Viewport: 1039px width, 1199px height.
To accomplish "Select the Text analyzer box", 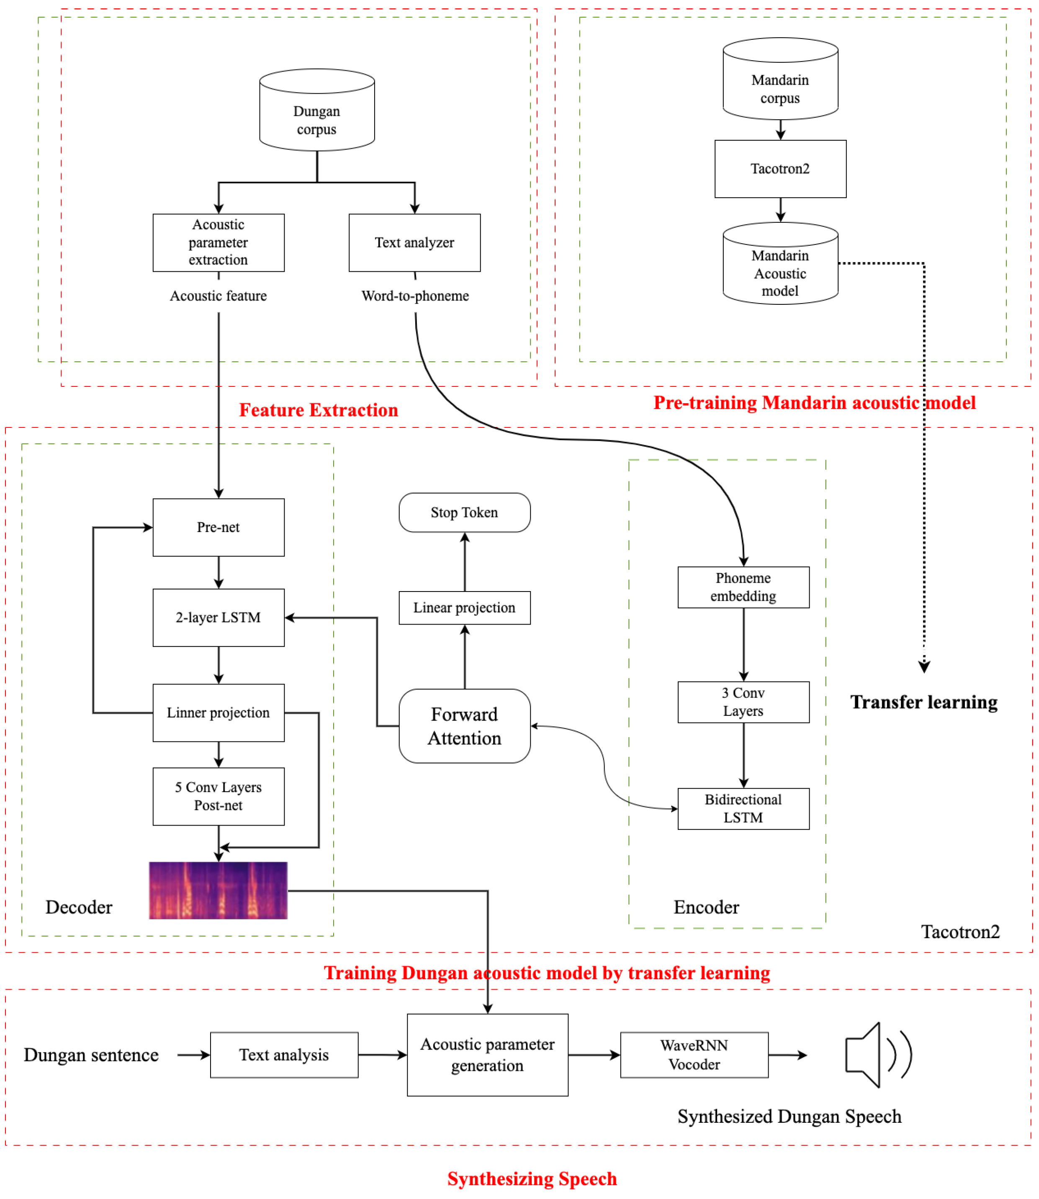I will [414, 242].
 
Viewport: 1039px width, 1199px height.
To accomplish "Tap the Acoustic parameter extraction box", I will [219, 242].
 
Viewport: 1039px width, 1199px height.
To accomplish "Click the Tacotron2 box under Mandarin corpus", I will [780, 169].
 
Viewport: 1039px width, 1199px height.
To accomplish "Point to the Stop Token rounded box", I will [464, 512].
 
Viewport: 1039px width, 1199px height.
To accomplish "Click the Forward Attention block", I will [464, 726].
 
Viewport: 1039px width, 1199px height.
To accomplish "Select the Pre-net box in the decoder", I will [219, 527].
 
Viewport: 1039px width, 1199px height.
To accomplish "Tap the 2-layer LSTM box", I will [219, 618].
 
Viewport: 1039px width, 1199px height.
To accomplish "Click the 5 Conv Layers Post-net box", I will [219, 796].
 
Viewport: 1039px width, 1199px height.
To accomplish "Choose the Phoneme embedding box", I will [743, 587].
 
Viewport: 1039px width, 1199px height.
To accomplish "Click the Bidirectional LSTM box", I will [743, 808].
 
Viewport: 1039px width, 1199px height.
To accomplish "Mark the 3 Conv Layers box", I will [743, 702].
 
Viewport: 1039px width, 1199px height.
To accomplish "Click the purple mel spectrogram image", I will [218, 890].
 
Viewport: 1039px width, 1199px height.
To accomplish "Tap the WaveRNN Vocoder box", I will [694, 1055].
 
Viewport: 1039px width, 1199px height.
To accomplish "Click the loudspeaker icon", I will [877, 1055].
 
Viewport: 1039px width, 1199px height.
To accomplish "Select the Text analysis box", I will [284, 1055].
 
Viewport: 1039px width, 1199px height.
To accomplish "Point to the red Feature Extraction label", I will [318, 410].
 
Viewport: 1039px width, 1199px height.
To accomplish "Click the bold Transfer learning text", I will [923, 702].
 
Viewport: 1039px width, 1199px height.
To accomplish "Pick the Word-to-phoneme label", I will [415, 296].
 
